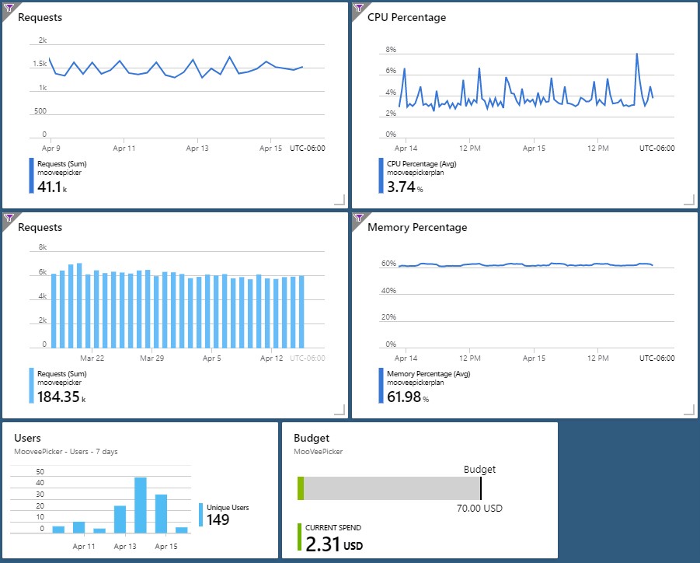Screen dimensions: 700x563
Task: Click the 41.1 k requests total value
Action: click(x=52, y=187)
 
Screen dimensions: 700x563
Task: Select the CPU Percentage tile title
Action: click(x=406, y=17)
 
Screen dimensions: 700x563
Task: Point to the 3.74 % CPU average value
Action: click(x=405, y=187)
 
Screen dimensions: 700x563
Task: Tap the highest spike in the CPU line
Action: click(x=636, y=54)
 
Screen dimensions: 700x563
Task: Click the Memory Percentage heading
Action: click(x=417, y=227)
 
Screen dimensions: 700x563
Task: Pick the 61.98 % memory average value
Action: click(x=408, y=397)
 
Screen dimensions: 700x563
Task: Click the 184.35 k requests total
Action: click(x=61, y=397)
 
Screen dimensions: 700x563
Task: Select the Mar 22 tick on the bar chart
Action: click(x=92, y=358)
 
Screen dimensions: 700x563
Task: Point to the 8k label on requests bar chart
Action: click(x=43, y=247)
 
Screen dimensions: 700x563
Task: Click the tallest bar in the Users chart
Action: click(x=141, y=505)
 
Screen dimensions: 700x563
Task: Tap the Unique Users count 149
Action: click(x=218, y=519)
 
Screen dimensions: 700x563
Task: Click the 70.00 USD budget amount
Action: click(x=479, y=508)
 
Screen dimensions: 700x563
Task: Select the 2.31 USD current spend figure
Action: click(x=334, y=544)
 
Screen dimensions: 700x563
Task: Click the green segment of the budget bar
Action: click(x=301, y=488)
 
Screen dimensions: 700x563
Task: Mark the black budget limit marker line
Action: click(x=481, y=488)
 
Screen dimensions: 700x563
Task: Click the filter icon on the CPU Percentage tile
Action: click(x=358, y=8)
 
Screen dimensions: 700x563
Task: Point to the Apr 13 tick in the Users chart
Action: click(x=125, y=546)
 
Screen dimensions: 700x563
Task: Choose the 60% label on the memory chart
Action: click(x=388, y=264)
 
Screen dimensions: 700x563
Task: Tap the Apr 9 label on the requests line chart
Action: click(x=51, y=148)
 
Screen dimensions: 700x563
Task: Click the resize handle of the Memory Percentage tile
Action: click(x=689, y=410)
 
